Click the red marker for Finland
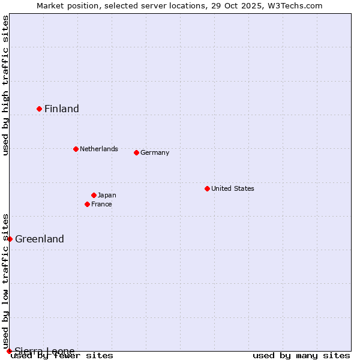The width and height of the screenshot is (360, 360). [x=40, y=109]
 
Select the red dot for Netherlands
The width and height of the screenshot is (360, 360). [x=76, y=149]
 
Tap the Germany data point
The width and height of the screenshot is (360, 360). [x=136, y=152]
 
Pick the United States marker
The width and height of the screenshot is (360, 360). [x=207, y=188]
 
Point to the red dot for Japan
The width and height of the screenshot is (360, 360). [x=94, y=195]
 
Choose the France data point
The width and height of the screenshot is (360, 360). [x=88, y=204]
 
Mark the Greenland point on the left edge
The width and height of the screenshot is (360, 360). [x=10, y=239]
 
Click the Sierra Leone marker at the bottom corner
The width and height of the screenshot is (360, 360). [x=9, y=351]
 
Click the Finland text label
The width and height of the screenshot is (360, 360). [x=62, y=109]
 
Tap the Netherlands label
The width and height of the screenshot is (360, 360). [x=99, y=149]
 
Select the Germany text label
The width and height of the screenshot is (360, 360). [x=155, y=152]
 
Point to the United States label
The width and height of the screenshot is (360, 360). [x=233, y=188]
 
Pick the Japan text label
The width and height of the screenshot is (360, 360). [x=107, y=195]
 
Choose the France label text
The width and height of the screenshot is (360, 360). [x=101, y=204]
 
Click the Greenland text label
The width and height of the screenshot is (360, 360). [x=40, y=239]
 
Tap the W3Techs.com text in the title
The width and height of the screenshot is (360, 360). [x=295, y=5]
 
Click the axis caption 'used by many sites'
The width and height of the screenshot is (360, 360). [x=301, y=355]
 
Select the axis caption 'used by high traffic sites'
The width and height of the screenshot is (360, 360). [x=5, y=85]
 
